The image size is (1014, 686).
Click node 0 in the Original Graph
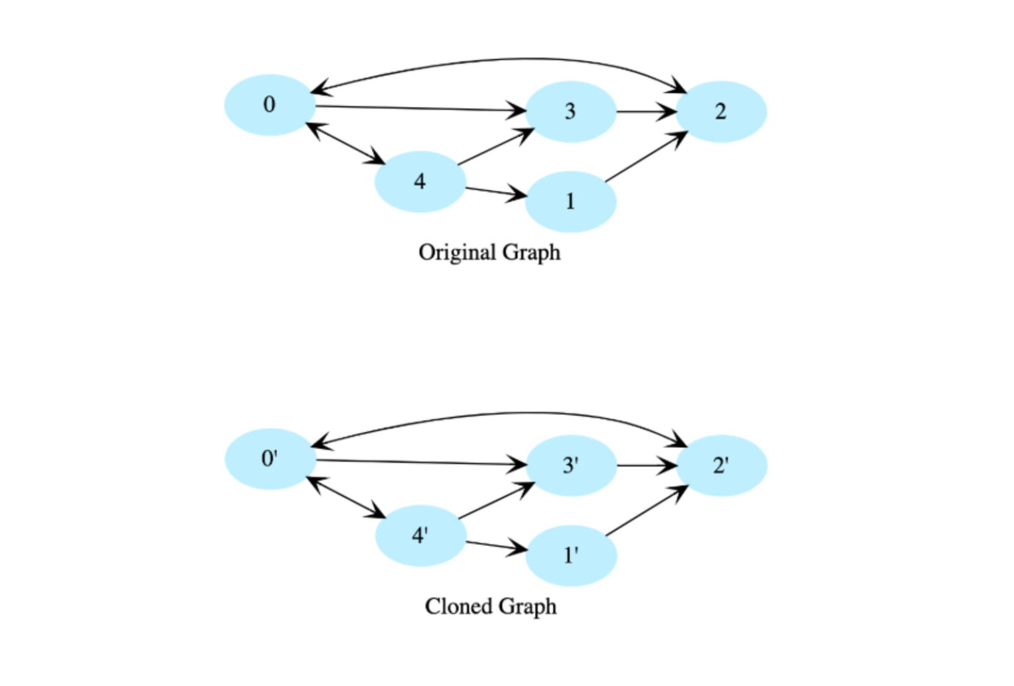270,105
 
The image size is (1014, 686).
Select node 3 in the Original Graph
570,112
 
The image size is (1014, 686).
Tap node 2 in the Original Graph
721,112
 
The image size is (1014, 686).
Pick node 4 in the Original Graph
420,182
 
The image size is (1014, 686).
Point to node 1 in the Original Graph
570,201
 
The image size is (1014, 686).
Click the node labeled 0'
270,459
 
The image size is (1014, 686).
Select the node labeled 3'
571,466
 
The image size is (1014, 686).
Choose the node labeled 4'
420,536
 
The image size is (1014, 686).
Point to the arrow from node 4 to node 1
495,192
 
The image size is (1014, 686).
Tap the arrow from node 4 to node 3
495,147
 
